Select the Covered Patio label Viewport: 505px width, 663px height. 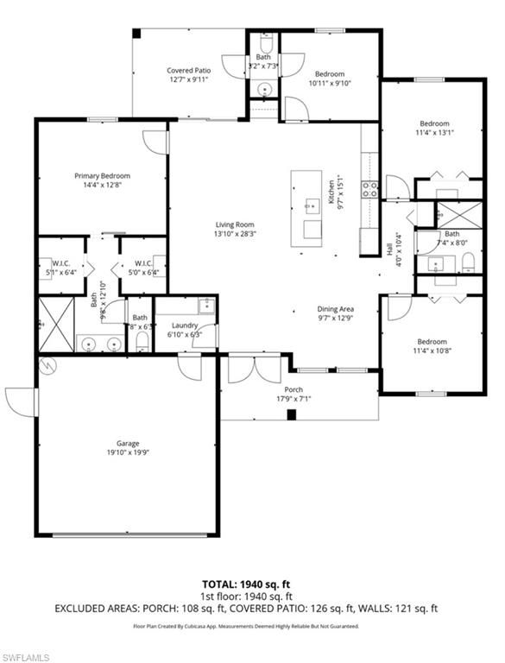tap(188, 71)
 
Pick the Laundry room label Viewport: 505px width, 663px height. tap(185, 325)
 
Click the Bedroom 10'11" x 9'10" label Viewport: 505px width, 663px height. tap(329, 74)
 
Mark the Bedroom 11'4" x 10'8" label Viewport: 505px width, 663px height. tap(432, 342)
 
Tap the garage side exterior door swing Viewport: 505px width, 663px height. tap(20, 401)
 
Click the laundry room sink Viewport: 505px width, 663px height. tap(205, 305)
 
